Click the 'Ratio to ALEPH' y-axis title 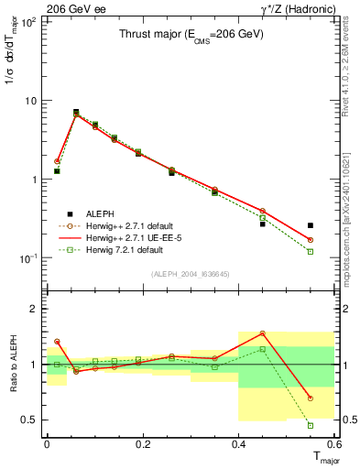[x=12, y=365]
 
